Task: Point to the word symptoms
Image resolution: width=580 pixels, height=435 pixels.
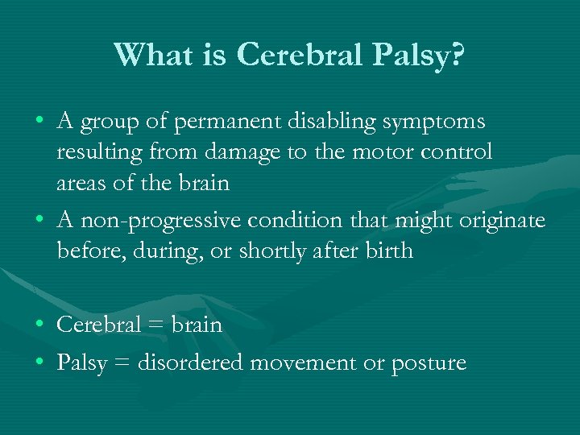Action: (438, 122)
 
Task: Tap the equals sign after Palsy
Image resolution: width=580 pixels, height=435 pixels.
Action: (122, 363)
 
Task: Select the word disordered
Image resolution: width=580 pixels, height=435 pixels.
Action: (191, 363)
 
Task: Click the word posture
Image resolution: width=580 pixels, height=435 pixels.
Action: (429, 363)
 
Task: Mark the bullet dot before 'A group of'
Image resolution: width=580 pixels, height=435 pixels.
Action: (40, 122)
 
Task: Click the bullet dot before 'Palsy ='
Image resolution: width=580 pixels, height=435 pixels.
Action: (40, 363)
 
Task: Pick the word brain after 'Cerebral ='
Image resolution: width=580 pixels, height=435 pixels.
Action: (195, 325)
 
